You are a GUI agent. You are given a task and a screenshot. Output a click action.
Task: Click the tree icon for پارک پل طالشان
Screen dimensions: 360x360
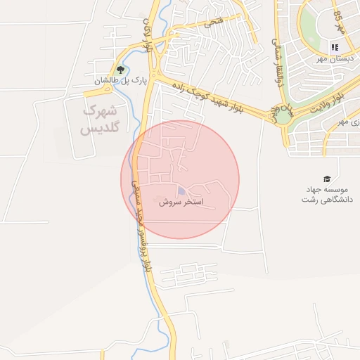tap(120, 70)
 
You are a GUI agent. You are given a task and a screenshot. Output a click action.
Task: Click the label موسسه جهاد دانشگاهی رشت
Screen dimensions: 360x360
tap(326, 195)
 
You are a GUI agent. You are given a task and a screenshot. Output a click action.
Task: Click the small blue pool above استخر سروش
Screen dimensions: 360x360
tap(182, 191)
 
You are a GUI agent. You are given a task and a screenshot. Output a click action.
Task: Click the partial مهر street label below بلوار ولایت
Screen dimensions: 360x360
tap(342, 122)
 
